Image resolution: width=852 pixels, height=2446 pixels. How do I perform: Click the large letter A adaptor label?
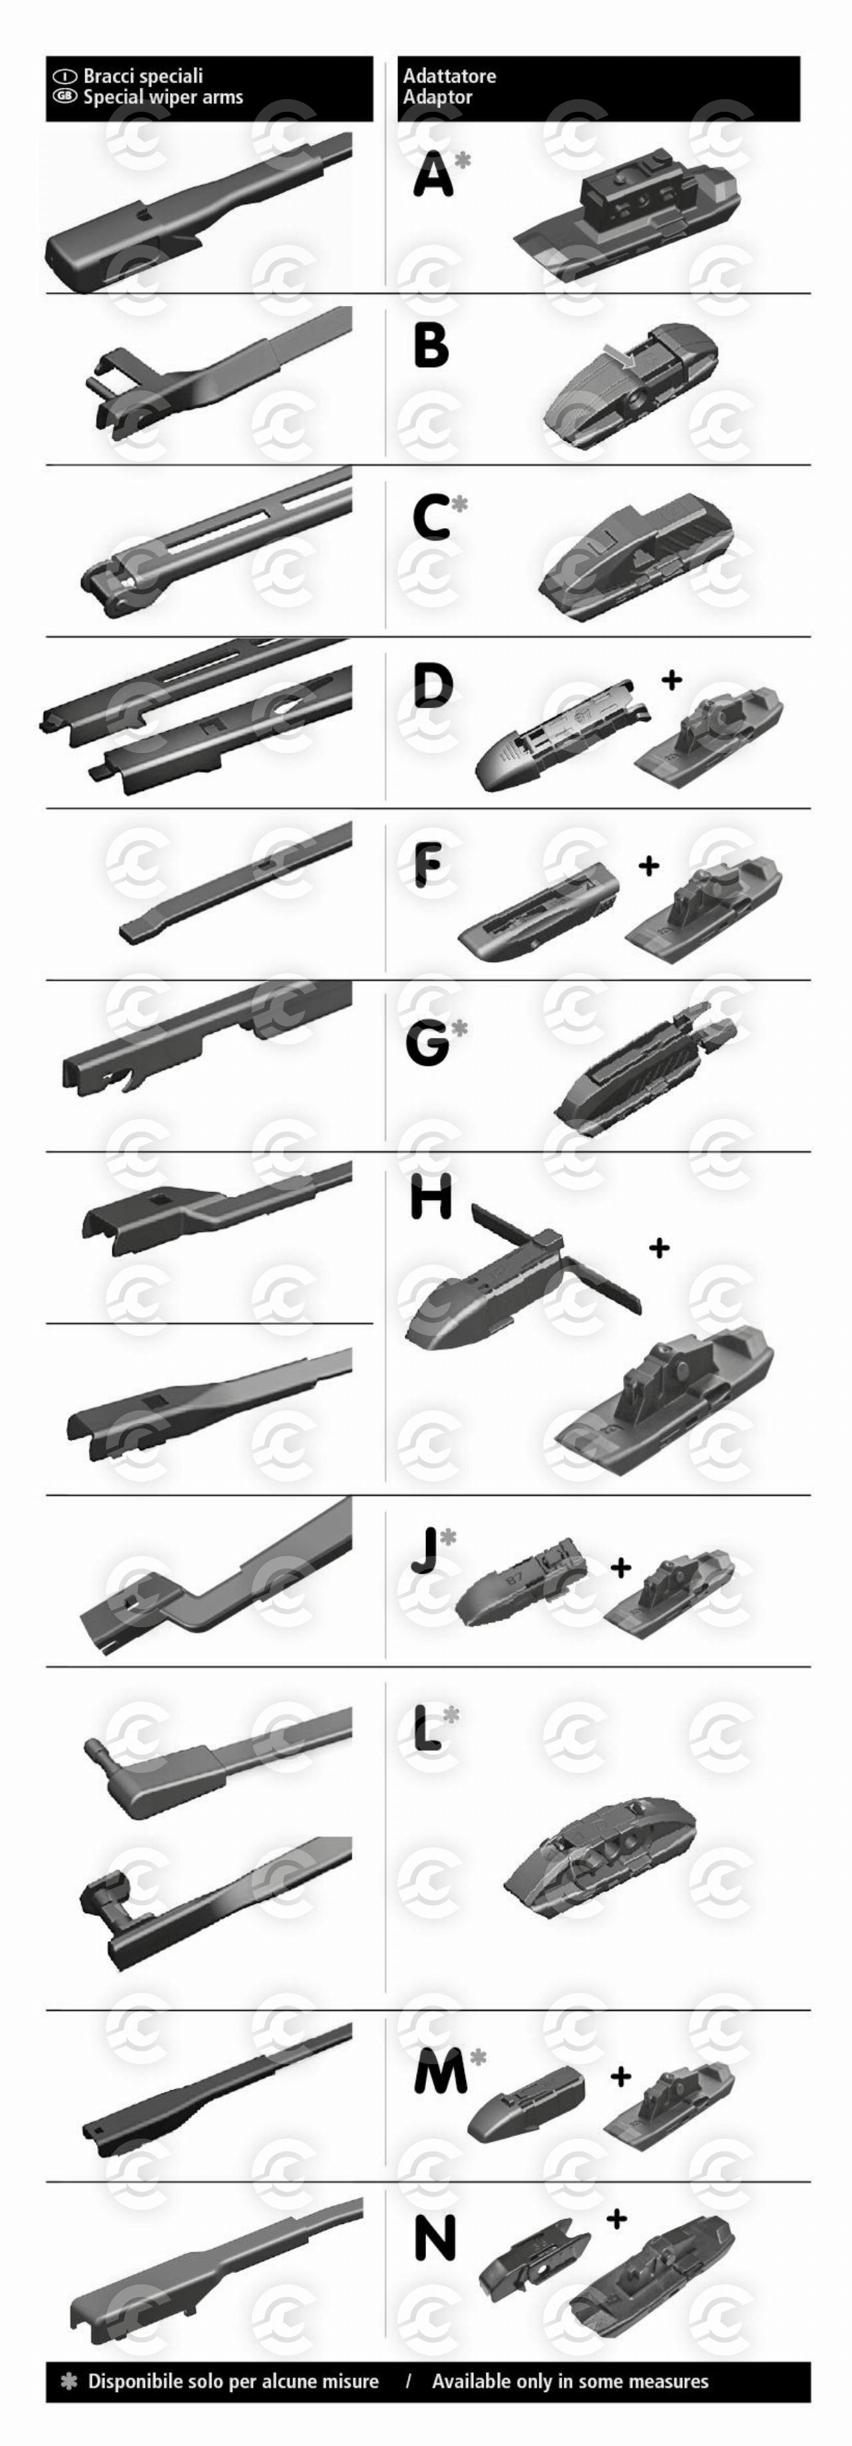pyautogui.click(x=433, y=176)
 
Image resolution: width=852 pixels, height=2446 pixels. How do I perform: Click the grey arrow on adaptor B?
pyautogui.click(x=619, y=355)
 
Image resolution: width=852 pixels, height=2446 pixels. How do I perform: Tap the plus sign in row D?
pyautogui.click(x=672, y=679)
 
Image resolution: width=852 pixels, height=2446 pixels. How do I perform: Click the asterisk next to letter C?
pyautogui.click(x=460, y=504)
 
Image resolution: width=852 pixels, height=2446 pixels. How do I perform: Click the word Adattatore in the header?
pyautogui.click(x=449, y=76)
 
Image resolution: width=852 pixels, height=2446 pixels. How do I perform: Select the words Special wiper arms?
pyautogui.click(x=162, y=97)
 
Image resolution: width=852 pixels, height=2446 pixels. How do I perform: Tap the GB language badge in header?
pyautogui.click(x=65, y=96)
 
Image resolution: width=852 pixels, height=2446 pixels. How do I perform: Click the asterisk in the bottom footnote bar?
pyautogui.click(x=69, y=2381)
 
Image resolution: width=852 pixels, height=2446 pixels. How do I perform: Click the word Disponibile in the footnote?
pyautogui.click(x=138, y=2381)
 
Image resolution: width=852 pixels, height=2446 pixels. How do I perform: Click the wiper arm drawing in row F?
pyautogui.click(x=236, y=882)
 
